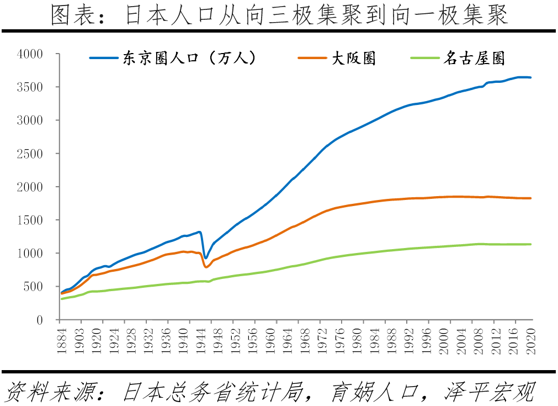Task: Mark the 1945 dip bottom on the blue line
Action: pyautogui.click(x=206, y=258)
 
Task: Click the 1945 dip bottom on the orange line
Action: pyautogui.click(x=206, y=267)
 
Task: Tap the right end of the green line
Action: pyautogui.click(x=531, y=244)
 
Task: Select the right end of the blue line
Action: pyautogui.click(x=531, y=77)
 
